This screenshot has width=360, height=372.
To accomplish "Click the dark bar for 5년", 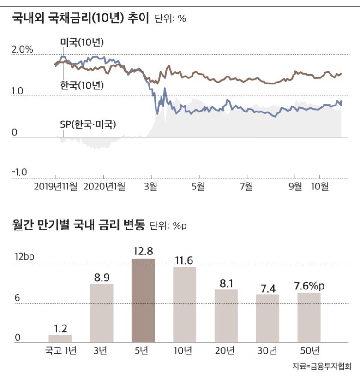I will pyautogui.click(x=143, y=300).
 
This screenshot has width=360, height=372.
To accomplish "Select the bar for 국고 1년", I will pyautogui.click(x=60, y=338).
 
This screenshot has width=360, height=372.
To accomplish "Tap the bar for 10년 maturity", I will pyautogui.click(x=185, y=304).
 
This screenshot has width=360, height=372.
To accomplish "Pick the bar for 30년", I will pyautogui.click(x=268, y=318).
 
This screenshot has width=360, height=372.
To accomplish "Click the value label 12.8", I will pyautogui.click(x=143, y=251).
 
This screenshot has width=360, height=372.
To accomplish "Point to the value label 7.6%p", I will pyautogui.click(x=309, y=286).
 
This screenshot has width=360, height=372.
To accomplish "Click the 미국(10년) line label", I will pyautogui.click(x=82, y=43).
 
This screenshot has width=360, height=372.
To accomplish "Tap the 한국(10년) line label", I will pyautogui.click(x=82, y=85).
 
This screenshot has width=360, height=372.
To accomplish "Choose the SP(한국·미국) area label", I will pyautogui.click(x=88, y=124).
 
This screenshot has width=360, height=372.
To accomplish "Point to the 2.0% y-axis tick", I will pyautogui.click(x=22, y=49).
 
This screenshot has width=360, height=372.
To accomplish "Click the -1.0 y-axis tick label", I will pyautogui.click(x=19, y=172).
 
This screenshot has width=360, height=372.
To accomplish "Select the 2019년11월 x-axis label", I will pyautogui.click(x=56, y=186).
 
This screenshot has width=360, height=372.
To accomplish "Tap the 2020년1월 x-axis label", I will pyautogui.click(x=104, y=186).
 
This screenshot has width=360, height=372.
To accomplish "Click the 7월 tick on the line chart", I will pyautogui.click(x=246, y=186).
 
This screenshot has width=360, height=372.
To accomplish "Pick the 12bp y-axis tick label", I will pyautogui.click(x=24, y=257).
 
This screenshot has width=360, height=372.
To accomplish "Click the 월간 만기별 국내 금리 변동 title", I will pyautogui.click(x=78, y=225).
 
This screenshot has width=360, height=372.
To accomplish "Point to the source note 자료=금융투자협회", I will pyautogui.click(x=325, y=366).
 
